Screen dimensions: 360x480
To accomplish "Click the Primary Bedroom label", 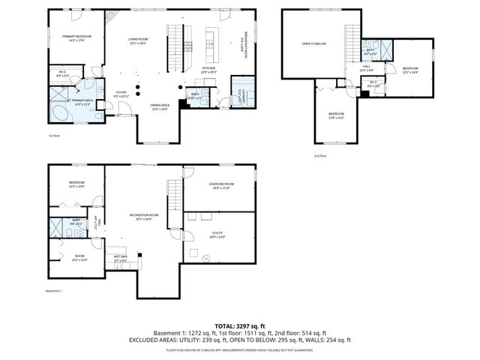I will coord(77,37).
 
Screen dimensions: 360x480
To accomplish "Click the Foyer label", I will coord(121,94).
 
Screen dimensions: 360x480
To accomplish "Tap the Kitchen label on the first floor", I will coord(208,68).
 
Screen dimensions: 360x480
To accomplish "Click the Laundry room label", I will coord(238,97).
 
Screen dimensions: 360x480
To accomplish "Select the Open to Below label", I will coord(313,43).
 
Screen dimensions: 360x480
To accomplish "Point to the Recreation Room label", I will coord(143,215).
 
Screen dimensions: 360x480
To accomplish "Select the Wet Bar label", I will coord(120,259).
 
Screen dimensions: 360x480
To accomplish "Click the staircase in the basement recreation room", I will coord(175,197).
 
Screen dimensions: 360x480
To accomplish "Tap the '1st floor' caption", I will coord(53,136).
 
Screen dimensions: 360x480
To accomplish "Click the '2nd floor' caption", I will coord(321,156).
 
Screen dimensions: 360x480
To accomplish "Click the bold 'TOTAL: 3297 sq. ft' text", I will coord(240,325).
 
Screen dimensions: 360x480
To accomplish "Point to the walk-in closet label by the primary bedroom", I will coord(63,73).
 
